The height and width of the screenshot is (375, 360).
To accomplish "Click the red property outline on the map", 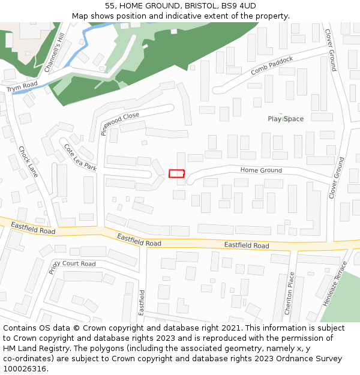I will point(176,173).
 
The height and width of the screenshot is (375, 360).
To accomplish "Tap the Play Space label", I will point(286,119).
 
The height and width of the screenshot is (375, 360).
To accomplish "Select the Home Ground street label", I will point(261,170).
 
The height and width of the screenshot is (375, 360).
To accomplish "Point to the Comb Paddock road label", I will point(272,66).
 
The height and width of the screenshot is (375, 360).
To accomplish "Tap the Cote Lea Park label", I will point(80,158).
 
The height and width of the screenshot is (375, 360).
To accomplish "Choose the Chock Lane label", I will point(28,161).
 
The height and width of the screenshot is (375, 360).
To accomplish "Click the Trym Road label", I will point(22,87).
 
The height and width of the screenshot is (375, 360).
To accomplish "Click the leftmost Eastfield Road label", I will point(33,229).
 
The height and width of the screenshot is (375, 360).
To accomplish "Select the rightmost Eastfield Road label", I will point(247,245).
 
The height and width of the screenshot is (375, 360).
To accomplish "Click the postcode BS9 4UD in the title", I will point(239,5).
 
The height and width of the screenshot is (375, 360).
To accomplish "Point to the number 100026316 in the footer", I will point(25,368).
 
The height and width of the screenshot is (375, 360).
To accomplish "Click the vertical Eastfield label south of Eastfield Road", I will point(142,302).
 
